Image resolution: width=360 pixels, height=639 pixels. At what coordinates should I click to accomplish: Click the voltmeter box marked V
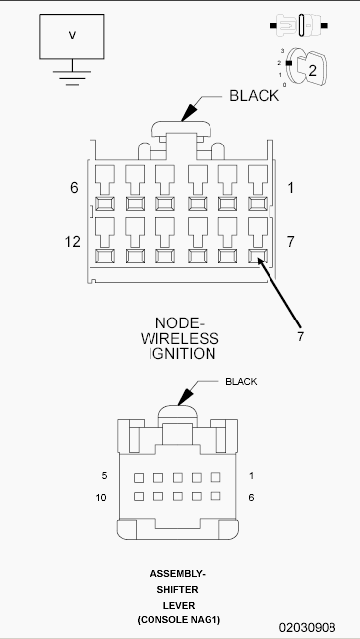tap(71, 36)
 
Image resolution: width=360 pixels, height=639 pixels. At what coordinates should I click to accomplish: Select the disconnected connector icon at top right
tap(303, 24)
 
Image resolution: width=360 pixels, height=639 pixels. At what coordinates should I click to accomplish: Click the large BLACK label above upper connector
tap(255, 96)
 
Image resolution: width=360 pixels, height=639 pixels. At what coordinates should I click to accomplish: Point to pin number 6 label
tap(74, 187)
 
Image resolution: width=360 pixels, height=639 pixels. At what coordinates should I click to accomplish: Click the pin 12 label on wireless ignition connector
tap(72, 241)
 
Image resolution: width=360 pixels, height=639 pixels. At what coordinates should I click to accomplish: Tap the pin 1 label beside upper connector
tap(290, 187)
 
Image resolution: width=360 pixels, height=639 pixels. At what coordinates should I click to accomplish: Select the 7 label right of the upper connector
tap(290, 241)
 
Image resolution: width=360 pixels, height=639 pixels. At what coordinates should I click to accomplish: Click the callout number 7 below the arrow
tap(300, 336)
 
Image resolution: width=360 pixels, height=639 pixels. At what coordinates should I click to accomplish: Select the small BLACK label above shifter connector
tap(241, 381)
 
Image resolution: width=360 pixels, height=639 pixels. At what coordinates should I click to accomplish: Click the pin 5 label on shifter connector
tap(103, 476)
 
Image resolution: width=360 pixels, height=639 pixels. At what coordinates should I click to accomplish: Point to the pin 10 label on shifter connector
tap(101, 497)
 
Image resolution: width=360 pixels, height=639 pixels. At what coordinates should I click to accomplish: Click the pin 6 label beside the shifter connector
tap(251, 497)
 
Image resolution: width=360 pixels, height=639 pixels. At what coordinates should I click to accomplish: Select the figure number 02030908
tap(307, 626)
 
